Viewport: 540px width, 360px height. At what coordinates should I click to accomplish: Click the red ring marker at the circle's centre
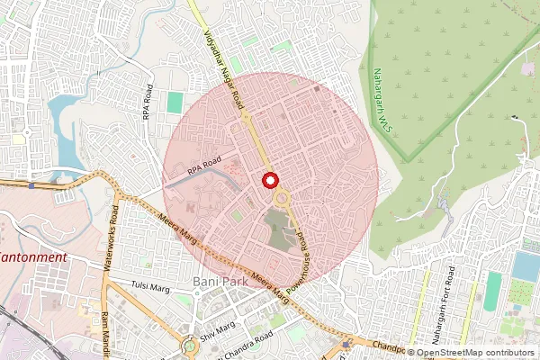point(268,180)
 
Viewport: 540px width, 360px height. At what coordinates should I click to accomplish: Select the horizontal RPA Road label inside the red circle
point(204,164)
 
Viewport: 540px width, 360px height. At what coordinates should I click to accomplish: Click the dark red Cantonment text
point(32,257)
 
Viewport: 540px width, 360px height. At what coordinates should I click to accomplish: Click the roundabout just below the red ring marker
point(282,197)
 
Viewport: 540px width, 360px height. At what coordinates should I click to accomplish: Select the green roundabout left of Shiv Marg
point(190,345)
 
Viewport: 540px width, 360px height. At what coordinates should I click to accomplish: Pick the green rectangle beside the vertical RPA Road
point(175,103)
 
